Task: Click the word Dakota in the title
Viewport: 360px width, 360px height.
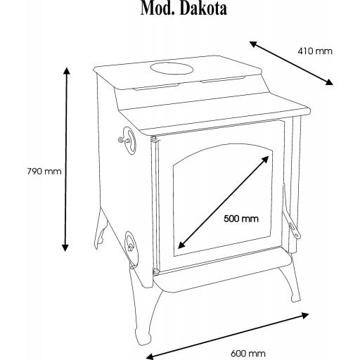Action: tap(204, 8)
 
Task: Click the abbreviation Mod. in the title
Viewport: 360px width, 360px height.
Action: tap(158, 8)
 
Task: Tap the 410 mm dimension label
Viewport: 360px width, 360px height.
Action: tap(315, 51)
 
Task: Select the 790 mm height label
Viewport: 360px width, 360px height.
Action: tap(44, 172)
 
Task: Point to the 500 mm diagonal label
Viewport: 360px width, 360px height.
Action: tap(241, 219)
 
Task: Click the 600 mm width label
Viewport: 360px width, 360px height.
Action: tap(248, 353)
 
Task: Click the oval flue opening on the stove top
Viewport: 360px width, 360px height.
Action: tap(172, 68)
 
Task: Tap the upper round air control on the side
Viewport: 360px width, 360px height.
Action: tap(129, 141)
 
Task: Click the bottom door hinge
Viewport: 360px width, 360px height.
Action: tap(155, 271)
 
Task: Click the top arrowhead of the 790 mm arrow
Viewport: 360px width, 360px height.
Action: tap(67, 71)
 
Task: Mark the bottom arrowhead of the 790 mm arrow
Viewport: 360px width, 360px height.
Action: tap(65, 247)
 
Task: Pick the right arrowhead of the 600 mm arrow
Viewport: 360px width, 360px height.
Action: tap(305, 316)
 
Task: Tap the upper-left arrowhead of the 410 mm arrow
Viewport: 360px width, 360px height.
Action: tap(253, 44)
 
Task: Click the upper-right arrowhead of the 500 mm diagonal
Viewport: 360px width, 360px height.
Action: tap(266, 160)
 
